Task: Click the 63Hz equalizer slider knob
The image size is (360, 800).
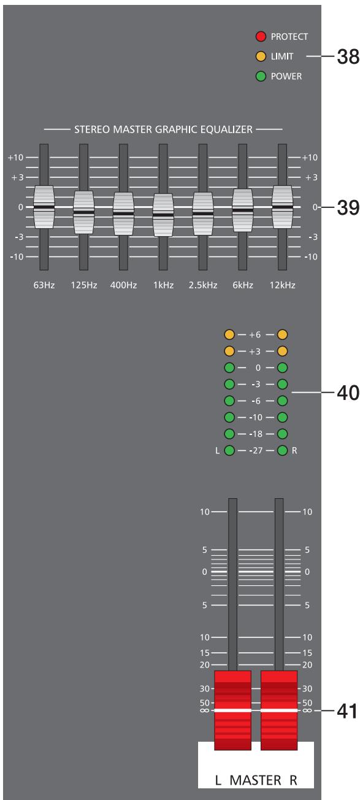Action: (44, 207)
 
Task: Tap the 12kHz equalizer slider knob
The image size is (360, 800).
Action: (283, 207)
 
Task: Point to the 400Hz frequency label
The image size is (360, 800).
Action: (123, 285)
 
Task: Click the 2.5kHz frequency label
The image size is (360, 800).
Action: (202, 285)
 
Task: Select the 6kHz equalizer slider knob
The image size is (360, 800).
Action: (243, 210)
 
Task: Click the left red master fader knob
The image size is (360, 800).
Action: (232, 710)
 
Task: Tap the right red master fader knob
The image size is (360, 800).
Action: (279, 710)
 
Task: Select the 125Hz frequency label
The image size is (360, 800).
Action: (83, 285)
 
